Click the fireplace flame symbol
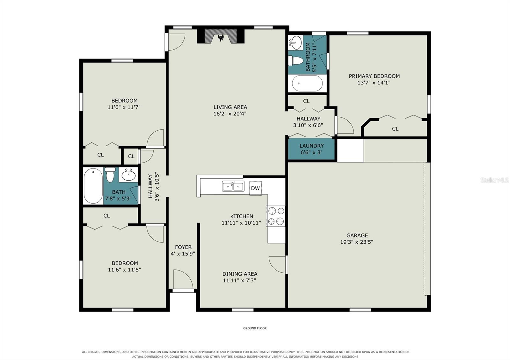221,38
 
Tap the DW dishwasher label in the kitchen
255,188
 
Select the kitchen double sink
233,186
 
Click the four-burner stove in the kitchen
275,216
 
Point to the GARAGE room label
357,235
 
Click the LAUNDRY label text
311,146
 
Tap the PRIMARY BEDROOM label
374,76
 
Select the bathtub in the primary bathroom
307,83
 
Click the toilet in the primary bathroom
296,61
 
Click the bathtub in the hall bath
93,186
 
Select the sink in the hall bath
129,175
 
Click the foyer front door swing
183,279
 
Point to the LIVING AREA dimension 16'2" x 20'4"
230,113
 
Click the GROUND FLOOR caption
255,328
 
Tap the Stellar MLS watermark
494,180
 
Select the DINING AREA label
240,274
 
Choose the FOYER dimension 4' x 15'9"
183,254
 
